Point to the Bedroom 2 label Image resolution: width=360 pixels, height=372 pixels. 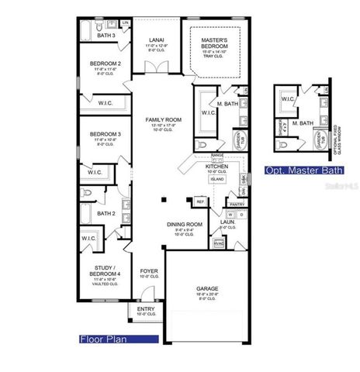click(x=106, y=64)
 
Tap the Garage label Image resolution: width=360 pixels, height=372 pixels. click(x=207, y=289)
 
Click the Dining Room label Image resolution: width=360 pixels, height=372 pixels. click(x=184, y=225)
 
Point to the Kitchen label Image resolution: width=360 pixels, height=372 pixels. click(x=216, y=167)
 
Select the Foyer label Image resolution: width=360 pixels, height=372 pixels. click(x=148, y=271)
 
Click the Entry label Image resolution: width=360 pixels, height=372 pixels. click(x=147, y=308)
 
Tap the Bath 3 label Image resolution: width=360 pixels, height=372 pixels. click(x=106, y=36)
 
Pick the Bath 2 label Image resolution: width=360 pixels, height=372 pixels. click(x=106, y=212)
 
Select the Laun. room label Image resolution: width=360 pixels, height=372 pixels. click(x=227, y=222)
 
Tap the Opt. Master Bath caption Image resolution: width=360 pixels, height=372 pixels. click(x=295, y=170)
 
